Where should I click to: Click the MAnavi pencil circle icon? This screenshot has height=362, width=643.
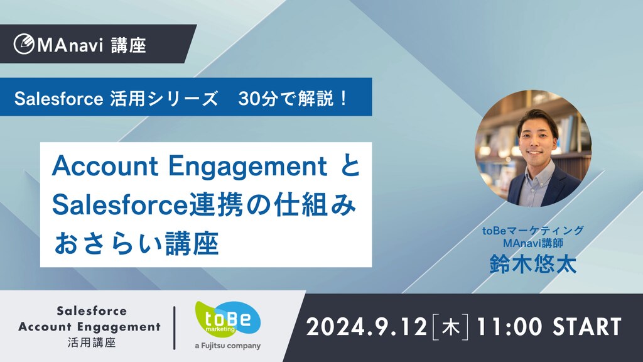[x=24, y=44]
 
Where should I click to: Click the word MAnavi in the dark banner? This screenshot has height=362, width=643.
[x=70, y=45]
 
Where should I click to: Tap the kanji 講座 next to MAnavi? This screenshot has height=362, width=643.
[x=129, y=45]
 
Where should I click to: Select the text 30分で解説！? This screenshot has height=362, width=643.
[x=293, y=99]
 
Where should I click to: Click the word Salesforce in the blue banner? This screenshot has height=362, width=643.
[x=58, y=99]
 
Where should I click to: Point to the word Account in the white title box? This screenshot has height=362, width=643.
[x=105, y=166]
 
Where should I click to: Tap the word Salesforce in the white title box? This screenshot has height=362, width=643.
[x=120, y=205]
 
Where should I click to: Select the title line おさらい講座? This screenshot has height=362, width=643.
[x=136, y=244]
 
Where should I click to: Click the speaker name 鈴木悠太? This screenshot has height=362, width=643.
[x=533, y=264]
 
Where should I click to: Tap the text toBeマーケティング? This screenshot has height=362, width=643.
[x=532, y=231]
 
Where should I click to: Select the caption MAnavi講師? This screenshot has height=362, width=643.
[x=533, y=243]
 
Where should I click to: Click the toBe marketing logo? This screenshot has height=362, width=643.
[x=227, y=319]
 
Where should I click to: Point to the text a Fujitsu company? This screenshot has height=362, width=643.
[x=227, y=346]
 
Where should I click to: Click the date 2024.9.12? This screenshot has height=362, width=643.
[x=367, y=327]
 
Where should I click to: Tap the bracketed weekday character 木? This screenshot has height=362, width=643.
[x=450, y=327]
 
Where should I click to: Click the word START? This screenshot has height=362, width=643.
[x=587, y=327]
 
